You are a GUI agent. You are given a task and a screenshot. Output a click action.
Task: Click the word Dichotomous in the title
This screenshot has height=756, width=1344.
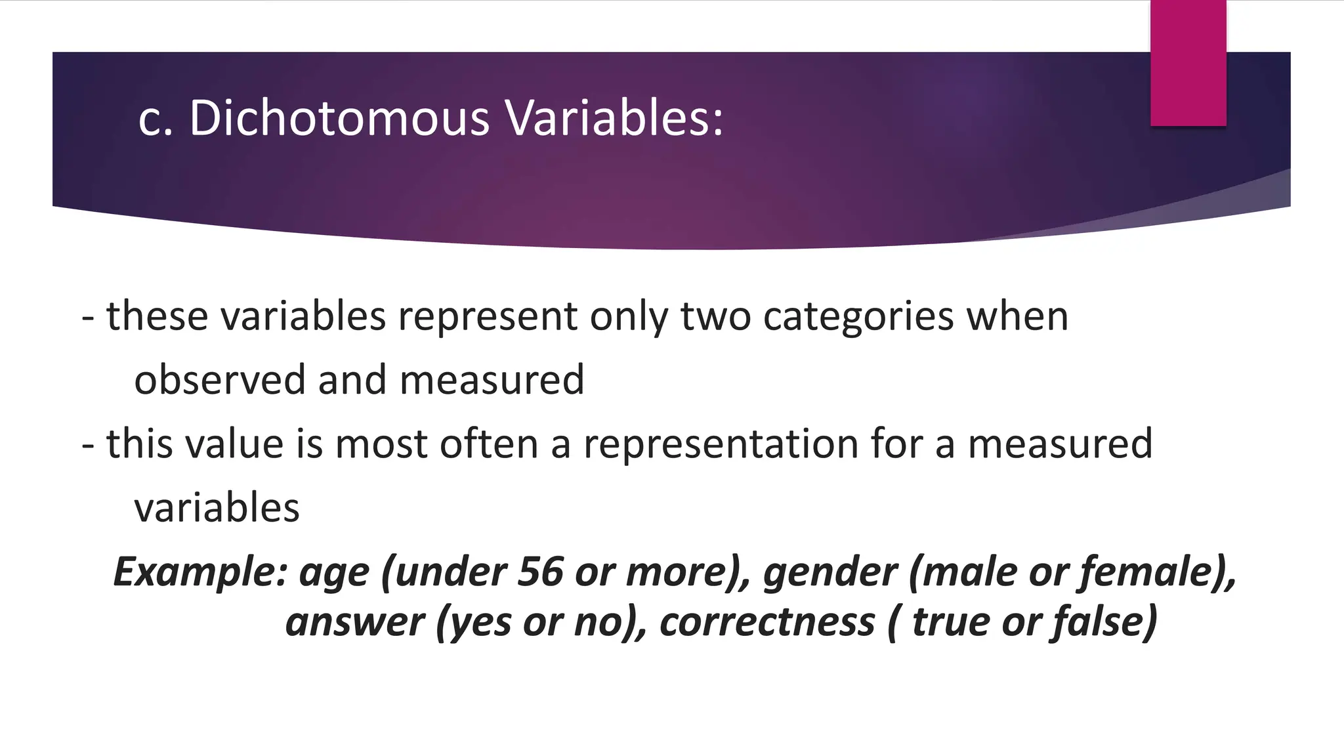click(339, 119)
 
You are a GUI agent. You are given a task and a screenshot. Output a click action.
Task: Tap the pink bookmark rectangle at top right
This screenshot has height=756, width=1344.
click(1188, 62)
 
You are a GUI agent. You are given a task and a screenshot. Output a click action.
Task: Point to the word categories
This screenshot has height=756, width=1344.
click(858, 317)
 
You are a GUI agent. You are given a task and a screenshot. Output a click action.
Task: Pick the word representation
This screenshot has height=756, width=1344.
click(721, 444)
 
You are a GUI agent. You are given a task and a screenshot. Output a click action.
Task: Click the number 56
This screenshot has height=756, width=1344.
click(539, 572)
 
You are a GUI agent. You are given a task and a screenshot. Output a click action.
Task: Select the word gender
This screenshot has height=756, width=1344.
click(829, 572)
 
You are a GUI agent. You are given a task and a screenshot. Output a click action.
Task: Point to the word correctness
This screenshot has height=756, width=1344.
click(767, 622)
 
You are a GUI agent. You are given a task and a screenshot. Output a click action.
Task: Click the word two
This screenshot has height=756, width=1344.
click(715, 317)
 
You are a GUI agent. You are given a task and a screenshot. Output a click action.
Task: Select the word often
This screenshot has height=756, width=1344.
click(489, 444)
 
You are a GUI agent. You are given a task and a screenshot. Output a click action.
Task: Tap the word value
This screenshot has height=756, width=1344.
click(234, 444)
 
